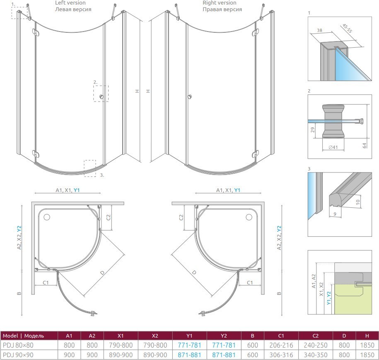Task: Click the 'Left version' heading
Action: tap(70, 3)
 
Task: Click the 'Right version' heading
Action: tap(220, 3)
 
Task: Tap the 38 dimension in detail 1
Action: tap(319, 30)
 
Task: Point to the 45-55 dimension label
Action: tap(347, 29)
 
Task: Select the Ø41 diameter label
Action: tap(333, 147)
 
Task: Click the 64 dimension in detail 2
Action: tap(365, 145)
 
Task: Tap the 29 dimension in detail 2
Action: tap(313, 130)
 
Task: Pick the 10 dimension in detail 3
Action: tap(358, 202)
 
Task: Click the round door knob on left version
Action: tap(101, 97)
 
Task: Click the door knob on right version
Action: tap(190, 97)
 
